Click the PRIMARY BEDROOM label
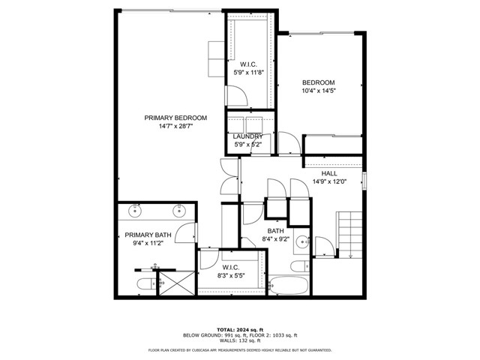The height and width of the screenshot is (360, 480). point(176,118)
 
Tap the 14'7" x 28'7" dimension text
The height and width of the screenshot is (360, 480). point(176,127)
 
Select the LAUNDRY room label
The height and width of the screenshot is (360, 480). point(247,136)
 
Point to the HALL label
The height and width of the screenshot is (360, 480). point(328,173)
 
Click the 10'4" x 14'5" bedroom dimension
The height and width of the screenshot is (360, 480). point(318,91)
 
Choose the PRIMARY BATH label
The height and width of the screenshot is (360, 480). point(148,235)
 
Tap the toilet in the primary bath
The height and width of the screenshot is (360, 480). point(145,283)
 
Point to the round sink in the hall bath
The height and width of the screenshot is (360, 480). point(301,241)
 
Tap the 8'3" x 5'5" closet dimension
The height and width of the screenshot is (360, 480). point(231,276)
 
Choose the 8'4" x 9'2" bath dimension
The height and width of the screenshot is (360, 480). point(275,239)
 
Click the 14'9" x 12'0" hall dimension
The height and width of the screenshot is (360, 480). point(328,181)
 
